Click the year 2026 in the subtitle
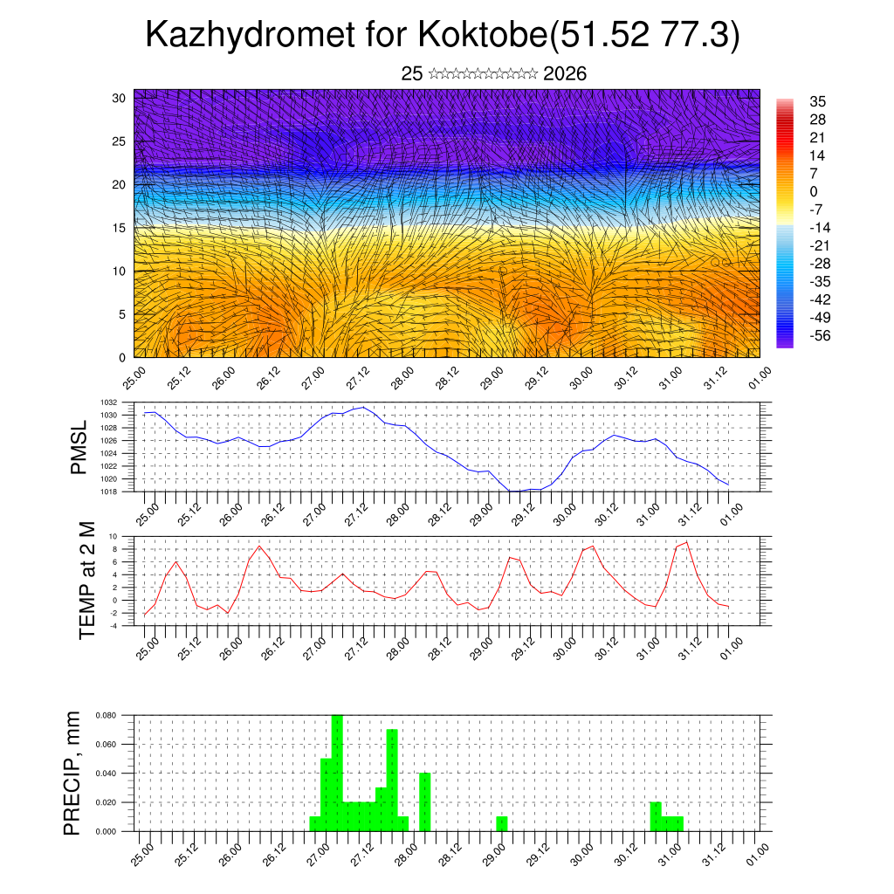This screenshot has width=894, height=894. (564, 74)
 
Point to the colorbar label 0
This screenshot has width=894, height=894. (814, 191)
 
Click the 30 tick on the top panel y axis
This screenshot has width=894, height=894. (120, 98)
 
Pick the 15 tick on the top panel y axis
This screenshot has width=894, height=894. (120, 228)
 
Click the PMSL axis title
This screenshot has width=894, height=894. (79, 448)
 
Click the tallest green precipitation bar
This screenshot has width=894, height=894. (337, 773)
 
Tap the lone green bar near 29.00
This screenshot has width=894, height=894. (502, 823)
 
